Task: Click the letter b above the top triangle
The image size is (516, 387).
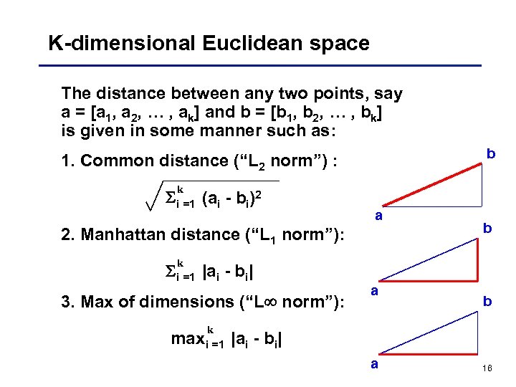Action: [491, 154]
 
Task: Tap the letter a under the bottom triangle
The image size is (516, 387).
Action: [374, 363]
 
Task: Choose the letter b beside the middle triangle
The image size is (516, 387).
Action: [487, 228]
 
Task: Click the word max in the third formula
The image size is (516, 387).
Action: [188, 339]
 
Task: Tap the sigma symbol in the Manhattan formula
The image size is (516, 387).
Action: [161, 272]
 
